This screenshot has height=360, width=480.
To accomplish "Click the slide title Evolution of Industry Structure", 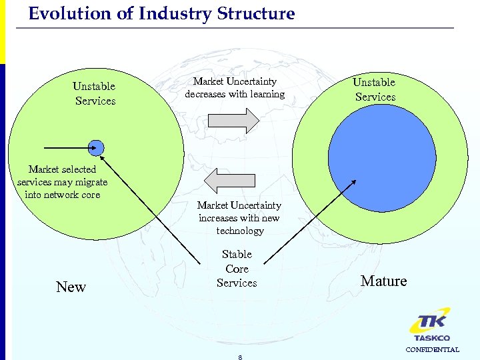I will click(x=161, y=14).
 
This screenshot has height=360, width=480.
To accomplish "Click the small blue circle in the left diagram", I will click(x=96, y=147).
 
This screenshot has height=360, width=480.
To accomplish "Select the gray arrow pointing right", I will click(x=233, y=121).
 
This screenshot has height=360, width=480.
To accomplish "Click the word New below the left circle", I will click(x=71, y=287).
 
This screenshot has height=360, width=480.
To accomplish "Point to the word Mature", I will click(x=383, y=281).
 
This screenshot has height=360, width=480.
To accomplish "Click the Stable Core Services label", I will click(x=237, y=269).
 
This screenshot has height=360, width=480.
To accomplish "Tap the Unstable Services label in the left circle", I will click(x=95, y=93).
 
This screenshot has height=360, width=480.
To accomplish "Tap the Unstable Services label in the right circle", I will click(x=375, y=89).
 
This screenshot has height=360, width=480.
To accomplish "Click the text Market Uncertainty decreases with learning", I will click(x=235, y=87).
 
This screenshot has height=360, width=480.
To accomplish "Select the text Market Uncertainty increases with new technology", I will click(x=239, y=218).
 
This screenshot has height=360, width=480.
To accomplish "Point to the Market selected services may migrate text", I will click(x=62, y=182).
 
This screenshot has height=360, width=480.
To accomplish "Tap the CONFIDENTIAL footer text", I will click(x=432, y=349).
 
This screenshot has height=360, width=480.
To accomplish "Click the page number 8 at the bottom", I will click(x=239, y=357).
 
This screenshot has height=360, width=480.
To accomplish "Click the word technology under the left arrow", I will click(x=240, y=231).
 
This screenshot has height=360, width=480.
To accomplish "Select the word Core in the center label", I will click(x=237, y=269).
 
